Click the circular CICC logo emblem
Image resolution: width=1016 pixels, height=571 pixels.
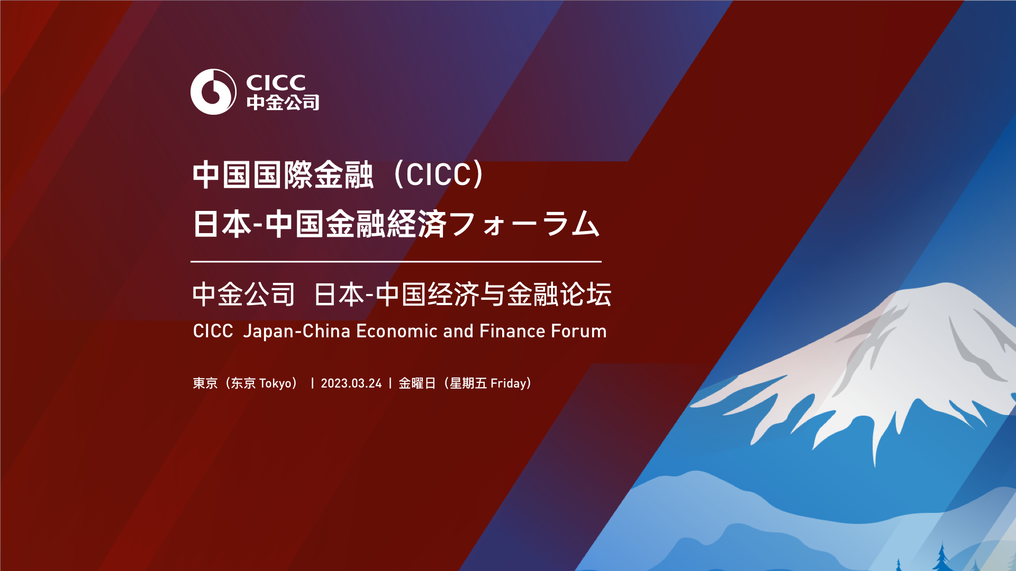213,91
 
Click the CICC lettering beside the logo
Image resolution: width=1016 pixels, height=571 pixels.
276,82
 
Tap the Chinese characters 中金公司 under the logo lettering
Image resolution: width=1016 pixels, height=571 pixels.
283,103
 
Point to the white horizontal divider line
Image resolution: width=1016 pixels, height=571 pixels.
396,261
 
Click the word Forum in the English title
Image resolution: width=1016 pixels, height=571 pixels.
579,331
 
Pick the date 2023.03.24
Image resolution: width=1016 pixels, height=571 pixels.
351,383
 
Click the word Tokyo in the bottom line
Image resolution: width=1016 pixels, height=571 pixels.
279,383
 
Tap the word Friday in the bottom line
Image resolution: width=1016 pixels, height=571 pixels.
509,383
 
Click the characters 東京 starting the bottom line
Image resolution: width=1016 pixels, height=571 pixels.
205,383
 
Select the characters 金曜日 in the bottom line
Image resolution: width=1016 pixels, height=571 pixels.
417,383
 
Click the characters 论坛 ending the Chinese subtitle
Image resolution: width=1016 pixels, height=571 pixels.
586,294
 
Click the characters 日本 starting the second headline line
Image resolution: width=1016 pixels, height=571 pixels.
222,224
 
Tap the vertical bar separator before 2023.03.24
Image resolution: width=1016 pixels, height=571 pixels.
312,383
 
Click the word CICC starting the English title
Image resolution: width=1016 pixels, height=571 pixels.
213,331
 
